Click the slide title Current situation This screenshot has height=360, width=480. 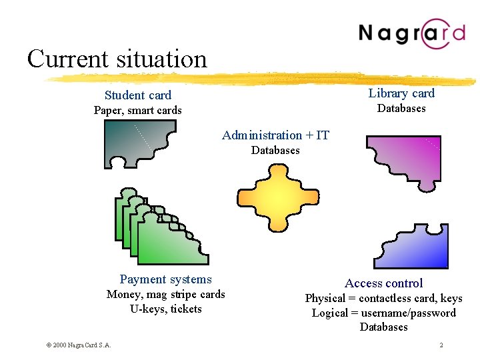pos(117,59)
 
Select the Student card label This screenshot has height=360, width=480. pos(138,95)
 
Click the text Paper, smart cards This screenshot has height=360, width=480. pos(137,111)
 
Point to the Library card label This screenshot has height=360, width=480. pos(401,93)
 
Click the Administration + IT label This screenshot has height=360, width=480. pos(275,135)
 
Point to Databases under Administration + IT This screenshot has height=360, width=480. pos(275,151)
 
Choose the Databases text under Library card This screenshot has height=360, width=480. pos(401,109)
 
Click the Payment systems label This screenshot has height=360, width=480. pos(165,279)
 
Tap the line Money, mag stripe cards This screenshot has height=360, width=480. pos(166,295)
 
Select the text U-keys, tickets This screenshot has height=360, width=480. pos(166,309)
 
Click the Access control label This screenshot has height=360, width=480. pos(383,283)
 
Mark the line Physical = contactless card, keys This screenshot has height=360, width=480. pos(383,299)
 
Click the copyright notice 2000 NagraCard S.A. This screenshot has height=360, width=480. pos(79,345)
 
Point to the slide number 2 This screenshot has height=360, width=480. pos(441,345)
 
